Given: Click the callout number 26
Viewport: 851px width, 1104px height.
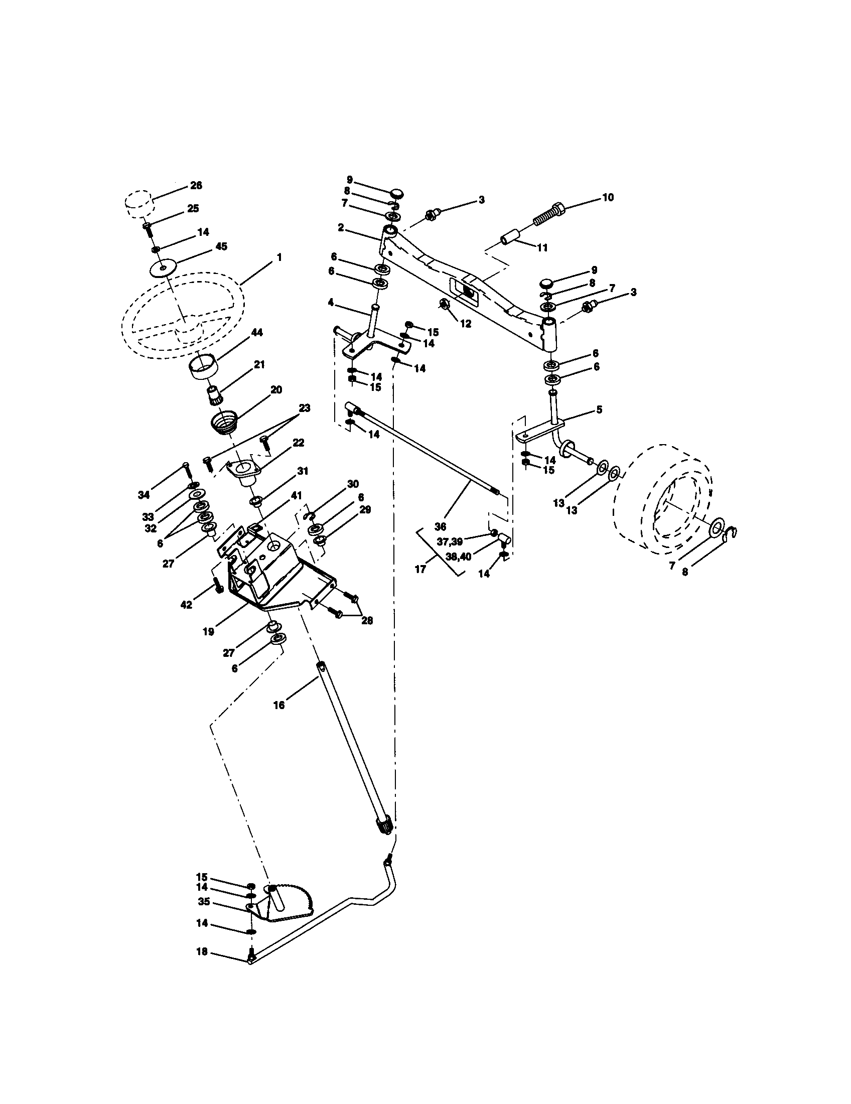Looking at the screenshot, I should pyautogui.click(x=196, y=186).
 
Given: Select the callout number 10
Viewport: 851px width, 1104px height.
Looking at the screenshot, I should pyautogui.click(x=608, y=197).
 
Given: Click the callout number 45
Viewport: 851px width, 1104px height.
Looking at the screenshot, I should pyautogui.click(x=221, y=246).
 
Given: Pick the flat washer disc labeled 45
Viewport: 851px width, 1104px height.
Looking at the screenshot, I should pyautogui.click(x=164, y=268).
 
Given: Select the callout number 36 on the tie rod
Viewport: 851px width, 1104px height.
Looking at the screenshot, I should pyautogui.click(x=440, y=527).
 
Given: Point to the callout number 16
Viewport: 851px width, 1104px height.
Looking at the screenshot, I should pyautogui.click(x=279, y=705).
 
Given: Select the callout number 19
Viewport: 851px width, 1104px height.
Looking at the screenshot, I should pyautogui.click(x=208, y=631).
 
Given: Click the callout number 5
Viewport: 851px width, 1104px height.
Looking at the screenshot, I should pyautogui.click(x=599, y=409).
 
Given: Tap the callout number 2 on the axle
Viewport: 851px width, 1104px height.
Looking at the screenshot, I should pyautogui.click(x=341, y=228).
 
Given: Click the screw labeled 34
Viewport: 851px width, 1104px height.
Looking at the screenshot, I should pyautogui.click(x=186, y=470).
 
